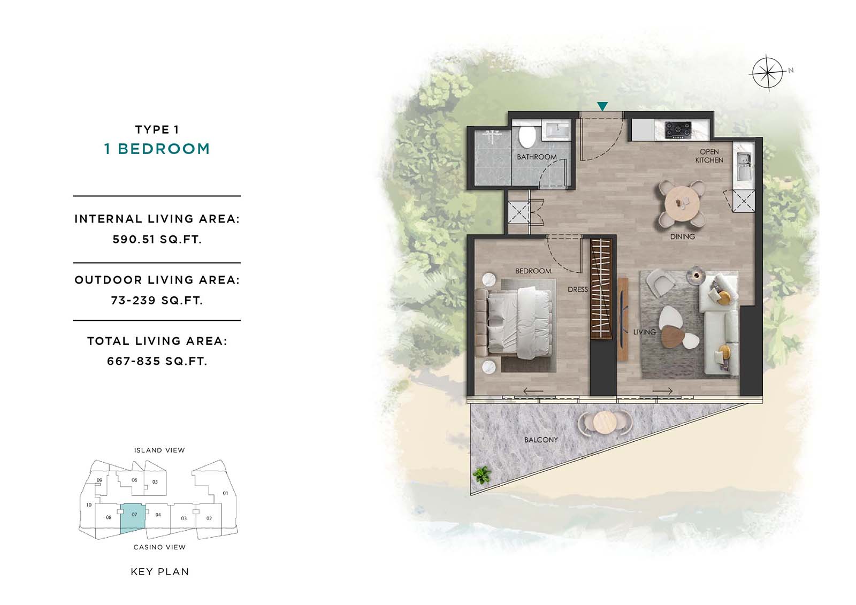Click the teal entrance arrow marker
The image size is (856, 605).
[x=602, y=106]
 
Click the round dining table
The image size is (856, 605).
[x=682, y=203]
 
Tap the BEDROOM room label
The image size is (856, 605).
[x=533, y=271]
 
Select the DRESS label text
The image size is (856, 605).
[x=577, y=289]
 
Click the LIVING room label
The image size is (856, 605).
[x=644, y=332]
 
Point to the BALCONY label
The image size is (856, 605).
[x=541, y=440]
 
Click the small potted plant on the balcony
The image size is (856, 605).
[x=482, y=475]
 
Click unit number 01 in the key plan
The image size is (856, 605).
[x=225, y=493]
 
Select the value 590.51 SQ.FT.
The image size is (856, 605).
[x=157, y=240]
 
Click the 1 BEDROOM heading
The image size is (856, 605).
[x=157, y=149]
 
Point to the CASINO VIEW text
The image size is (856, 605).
[x=159, y=547]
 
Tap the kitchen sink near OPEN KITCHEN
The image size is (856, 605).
[x=743, y=167]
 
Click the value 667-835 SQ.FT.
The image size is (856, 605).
[x=157, y=361]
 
